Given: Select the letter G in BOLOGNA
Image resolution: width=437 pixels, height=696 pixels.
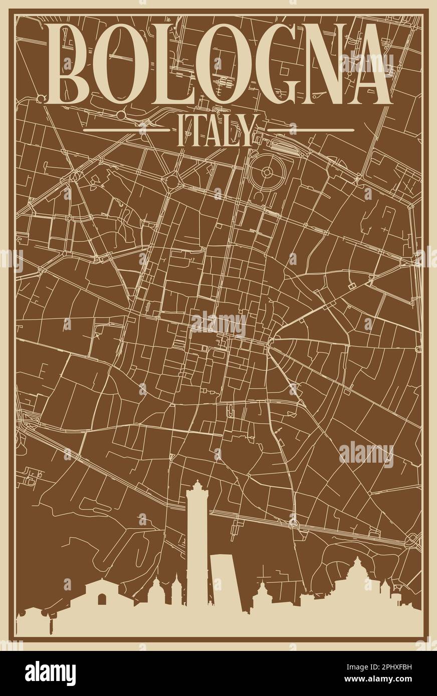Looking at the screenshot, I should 267,64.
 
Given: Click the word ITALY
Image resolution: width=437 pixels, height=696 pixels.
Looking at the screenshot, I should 218,130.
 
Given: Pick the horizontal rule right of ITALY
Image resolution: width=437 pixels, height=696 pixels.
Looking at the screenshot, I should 311,130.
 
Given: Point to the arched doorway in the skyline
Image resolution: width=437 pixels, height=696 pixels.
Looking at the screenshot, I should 102,599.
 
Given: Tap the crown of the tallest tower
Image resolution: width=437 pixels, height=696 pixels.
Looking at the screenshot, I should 197,486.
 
